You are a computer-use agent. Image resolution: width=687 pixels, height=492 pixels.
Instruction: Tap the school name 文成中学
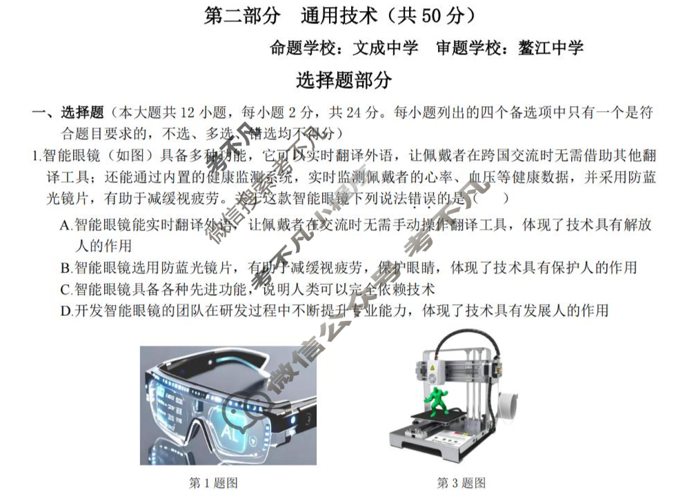coord(386,48)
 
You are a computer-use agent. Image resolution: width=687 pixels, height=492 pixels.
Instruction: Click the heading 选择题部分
coord(343,80)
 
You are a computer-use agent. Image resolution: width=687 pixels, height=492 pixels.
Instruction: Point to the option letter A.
coord(65,225)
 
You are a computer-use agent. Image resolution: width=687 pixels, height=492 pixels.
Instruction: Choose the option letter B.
coord(65,268)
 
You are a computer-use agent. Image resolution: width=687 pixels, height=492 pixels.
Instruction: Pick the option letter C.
coord(65,289)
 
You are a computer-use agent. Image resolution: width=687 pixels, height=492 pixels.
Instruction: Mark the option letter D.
coord(65,311)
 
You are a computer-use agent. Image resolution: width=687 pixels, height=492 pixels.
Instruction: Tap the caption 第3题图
coord(461,482)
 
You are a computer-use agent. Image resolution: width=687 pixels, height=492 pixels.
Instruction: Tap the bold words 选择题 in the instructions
coord(82,112)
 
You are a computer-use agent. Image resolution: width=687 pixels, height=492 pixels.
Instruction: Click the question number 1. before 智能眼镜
coord(37,156)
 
